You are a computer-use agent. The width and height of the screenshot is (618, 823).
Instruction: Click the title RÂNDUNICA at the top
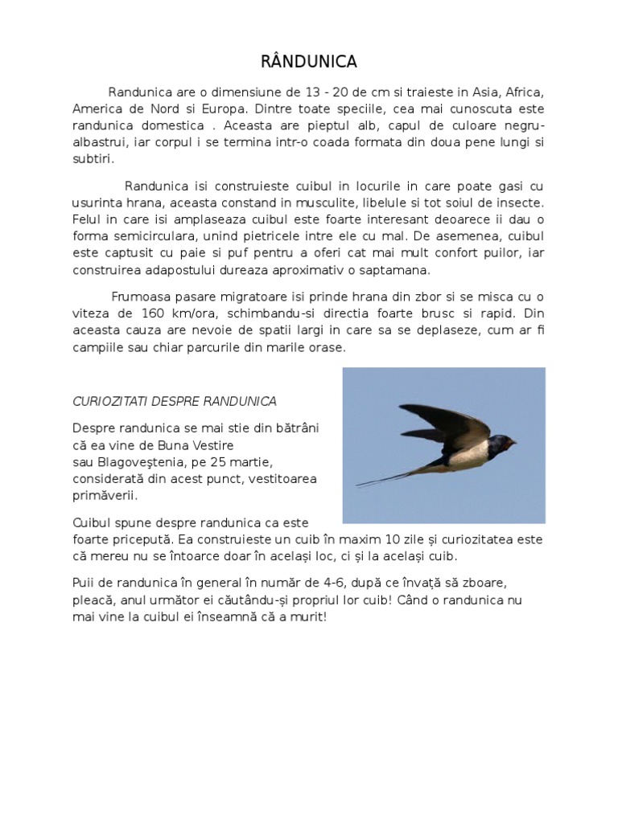[x=309, y=62]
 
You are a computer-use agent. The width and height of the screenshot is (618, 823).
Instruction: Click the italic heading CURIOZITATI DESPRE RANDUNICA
[x=175, y=400]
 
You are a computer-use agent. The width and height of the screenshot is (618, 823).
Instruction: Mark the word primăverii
[x=105, y=496]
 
